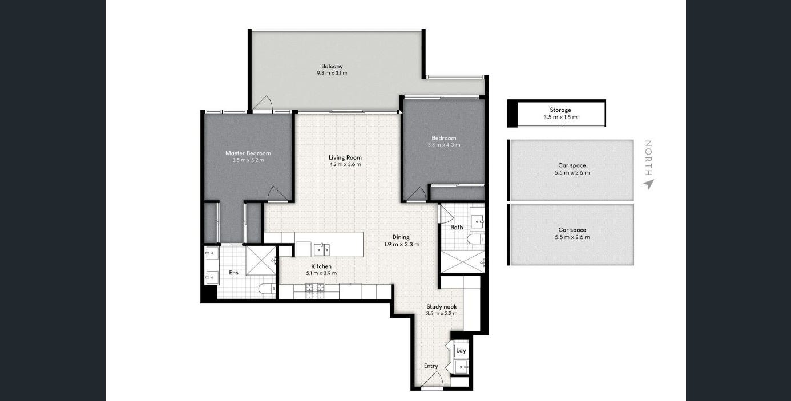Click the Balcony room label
tap(332, 66)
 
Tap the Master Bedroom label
tap(248, 153)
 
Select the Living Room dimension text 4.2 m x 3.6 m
tap(345, 164)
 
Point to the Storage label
tap(560, 110)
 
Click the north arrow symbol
tap(649, 184)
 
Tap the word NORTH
tap(648, 158)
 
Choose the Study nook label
tap(441, 307)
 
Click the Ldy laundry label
tap(461, 351)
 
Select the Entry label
tap(431, 366)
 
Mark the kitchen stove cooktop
tap(315, 291)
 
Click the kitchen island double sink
tap(322, 249)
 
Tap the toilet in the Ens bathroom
tap(267, 289)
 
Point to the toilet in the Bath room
tap(476, 240)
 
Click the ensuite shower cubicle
tap(261, 261)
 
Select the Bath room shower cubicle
tap(463, 262)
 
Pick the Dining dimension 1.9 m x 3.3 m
tap(402, 244)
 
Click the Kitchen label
tap(321, 266)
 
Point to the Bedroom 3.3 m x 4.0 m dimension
tap(444, 145)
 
